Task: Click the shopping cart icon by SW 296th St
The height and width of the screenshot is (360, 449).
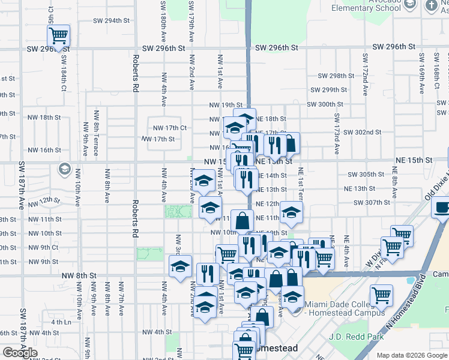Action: click(x=58, y=35)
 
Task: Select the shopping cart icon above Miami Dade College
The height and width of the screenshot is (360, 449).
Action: click(x=381, y=296)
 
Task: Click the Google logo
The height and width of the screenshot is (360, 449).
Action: click(x=20, y=353)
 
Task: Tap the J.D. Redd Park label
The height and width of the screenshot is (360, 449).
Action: click(x=356, y=337)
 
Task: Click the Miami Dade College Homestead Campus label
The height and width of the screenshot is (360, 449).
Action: click(x=344, y=308)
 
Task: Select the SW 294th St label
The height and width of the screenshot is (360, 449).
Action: click(x=111, y=20)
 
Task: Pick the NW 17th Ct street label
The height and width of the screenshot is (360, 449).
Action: click(x=170, y=128)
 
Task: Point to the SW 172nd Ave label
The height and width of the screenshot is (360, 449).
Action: click(x=364, y=74)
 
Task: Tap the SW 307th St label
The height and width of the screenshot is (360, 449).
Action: click(x=372, y=202)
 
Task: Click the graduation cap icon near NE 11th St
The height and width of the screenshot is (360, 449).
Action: click(x=291, y=212)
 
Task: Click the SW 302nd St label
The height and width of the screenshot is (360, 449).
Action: click(x=364, y=132)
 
